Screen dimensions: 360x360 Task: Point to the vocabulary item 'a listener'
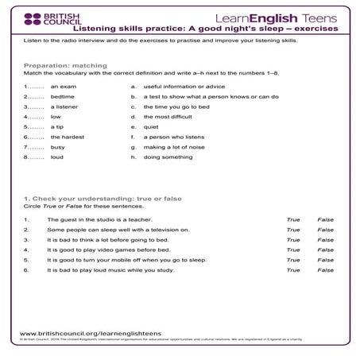pos(64,105)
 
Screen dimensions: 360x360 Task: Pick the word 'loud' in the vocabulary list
pos(57,157)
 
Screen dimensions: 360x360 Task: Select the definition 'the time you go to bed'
pos(176,105)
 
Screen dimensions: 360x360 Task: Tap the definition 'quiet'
pos(151,126)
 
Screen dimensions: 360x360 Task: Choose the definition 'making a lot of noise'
pos(175,146)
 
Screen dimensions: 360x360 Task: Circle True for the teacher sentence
pos(293,219)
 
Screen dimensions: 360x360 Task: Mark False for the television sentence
pos(325,229)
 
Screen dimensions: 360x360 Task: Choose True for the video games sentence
pos(293,249)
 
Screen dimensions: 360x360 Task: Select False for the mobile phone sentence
pos(325,259)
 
